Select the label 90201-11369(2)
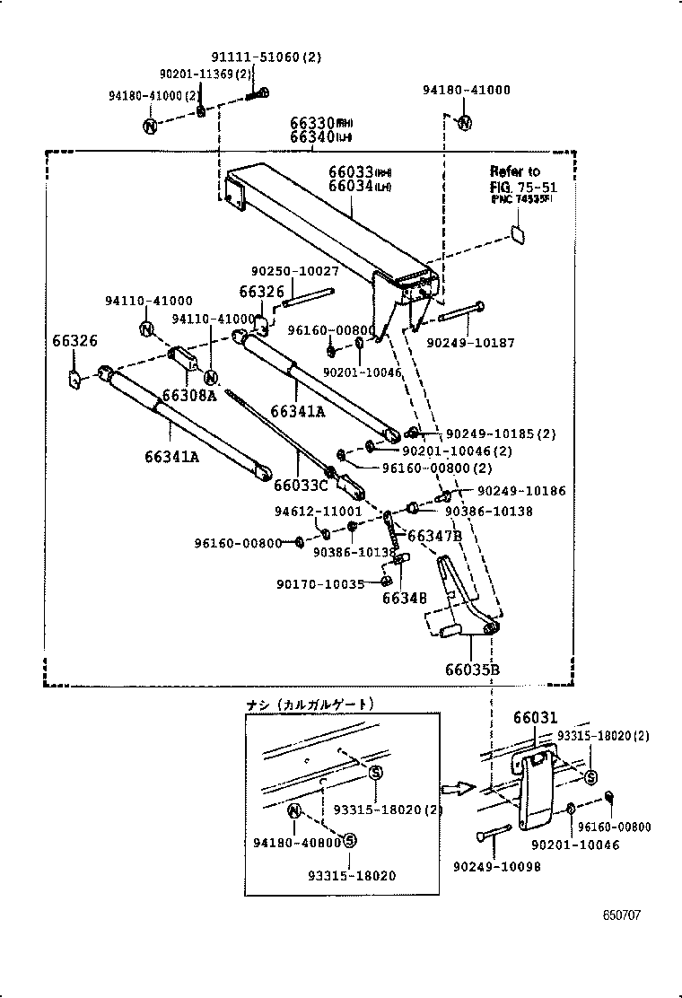[x=205, y=74]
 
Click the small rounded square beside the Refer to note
[x=519, y=233]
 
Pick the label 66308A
[x=189, y=395]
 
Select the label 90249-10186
[x=521, y=492]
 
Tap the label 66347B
[x=434, y=536]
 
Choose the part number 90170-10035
[x=319, y=583]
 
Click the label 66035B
[x=471, y=670]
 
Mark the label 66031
[x=535, y=718]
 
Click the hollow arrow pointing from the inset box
[x=459, y=788]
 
